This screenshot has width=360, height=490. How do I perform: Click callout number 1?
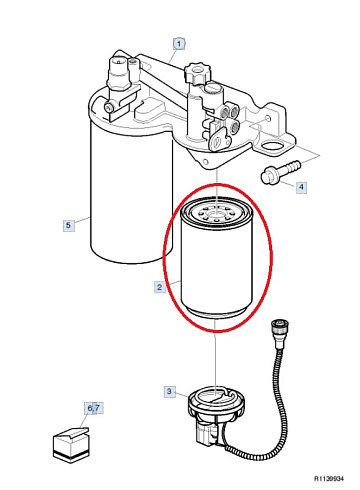179,44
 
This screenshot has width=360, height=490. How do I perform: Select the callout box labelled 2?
160,287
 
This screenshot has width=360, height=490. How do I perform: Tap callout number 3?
169,391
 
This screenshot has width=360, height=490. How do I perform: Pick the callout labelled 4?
301,187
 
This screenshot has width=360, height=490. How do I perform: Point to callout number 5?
68,225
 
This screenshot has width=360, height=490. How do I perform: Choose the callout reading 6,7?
93,408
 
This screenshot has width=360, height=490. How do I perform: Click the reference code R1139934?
329,479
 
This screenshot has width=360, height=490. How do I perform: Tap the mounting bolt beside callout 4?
281,172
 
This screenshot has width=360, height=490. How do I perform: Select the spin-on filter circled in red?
217,257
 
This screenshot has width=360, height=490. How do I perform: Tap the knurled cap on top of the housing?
198,73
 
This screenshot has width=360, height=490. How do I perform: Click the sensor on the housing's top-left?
118,74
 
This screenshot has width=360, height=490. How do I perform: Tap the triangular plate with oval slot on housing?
220,140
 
